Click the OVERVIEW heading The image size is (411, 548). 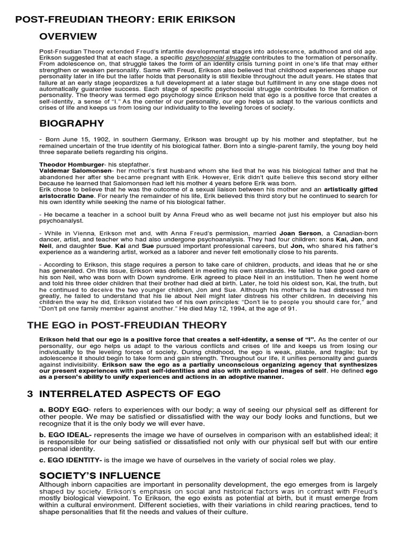pos(68,36)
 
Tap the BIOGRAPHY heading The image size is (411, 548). pos(72,124)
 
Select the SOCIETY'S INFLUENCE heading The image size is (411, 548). pos(100,476)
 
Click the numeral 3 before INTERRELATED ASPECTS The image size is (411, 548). pos(30,394)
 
